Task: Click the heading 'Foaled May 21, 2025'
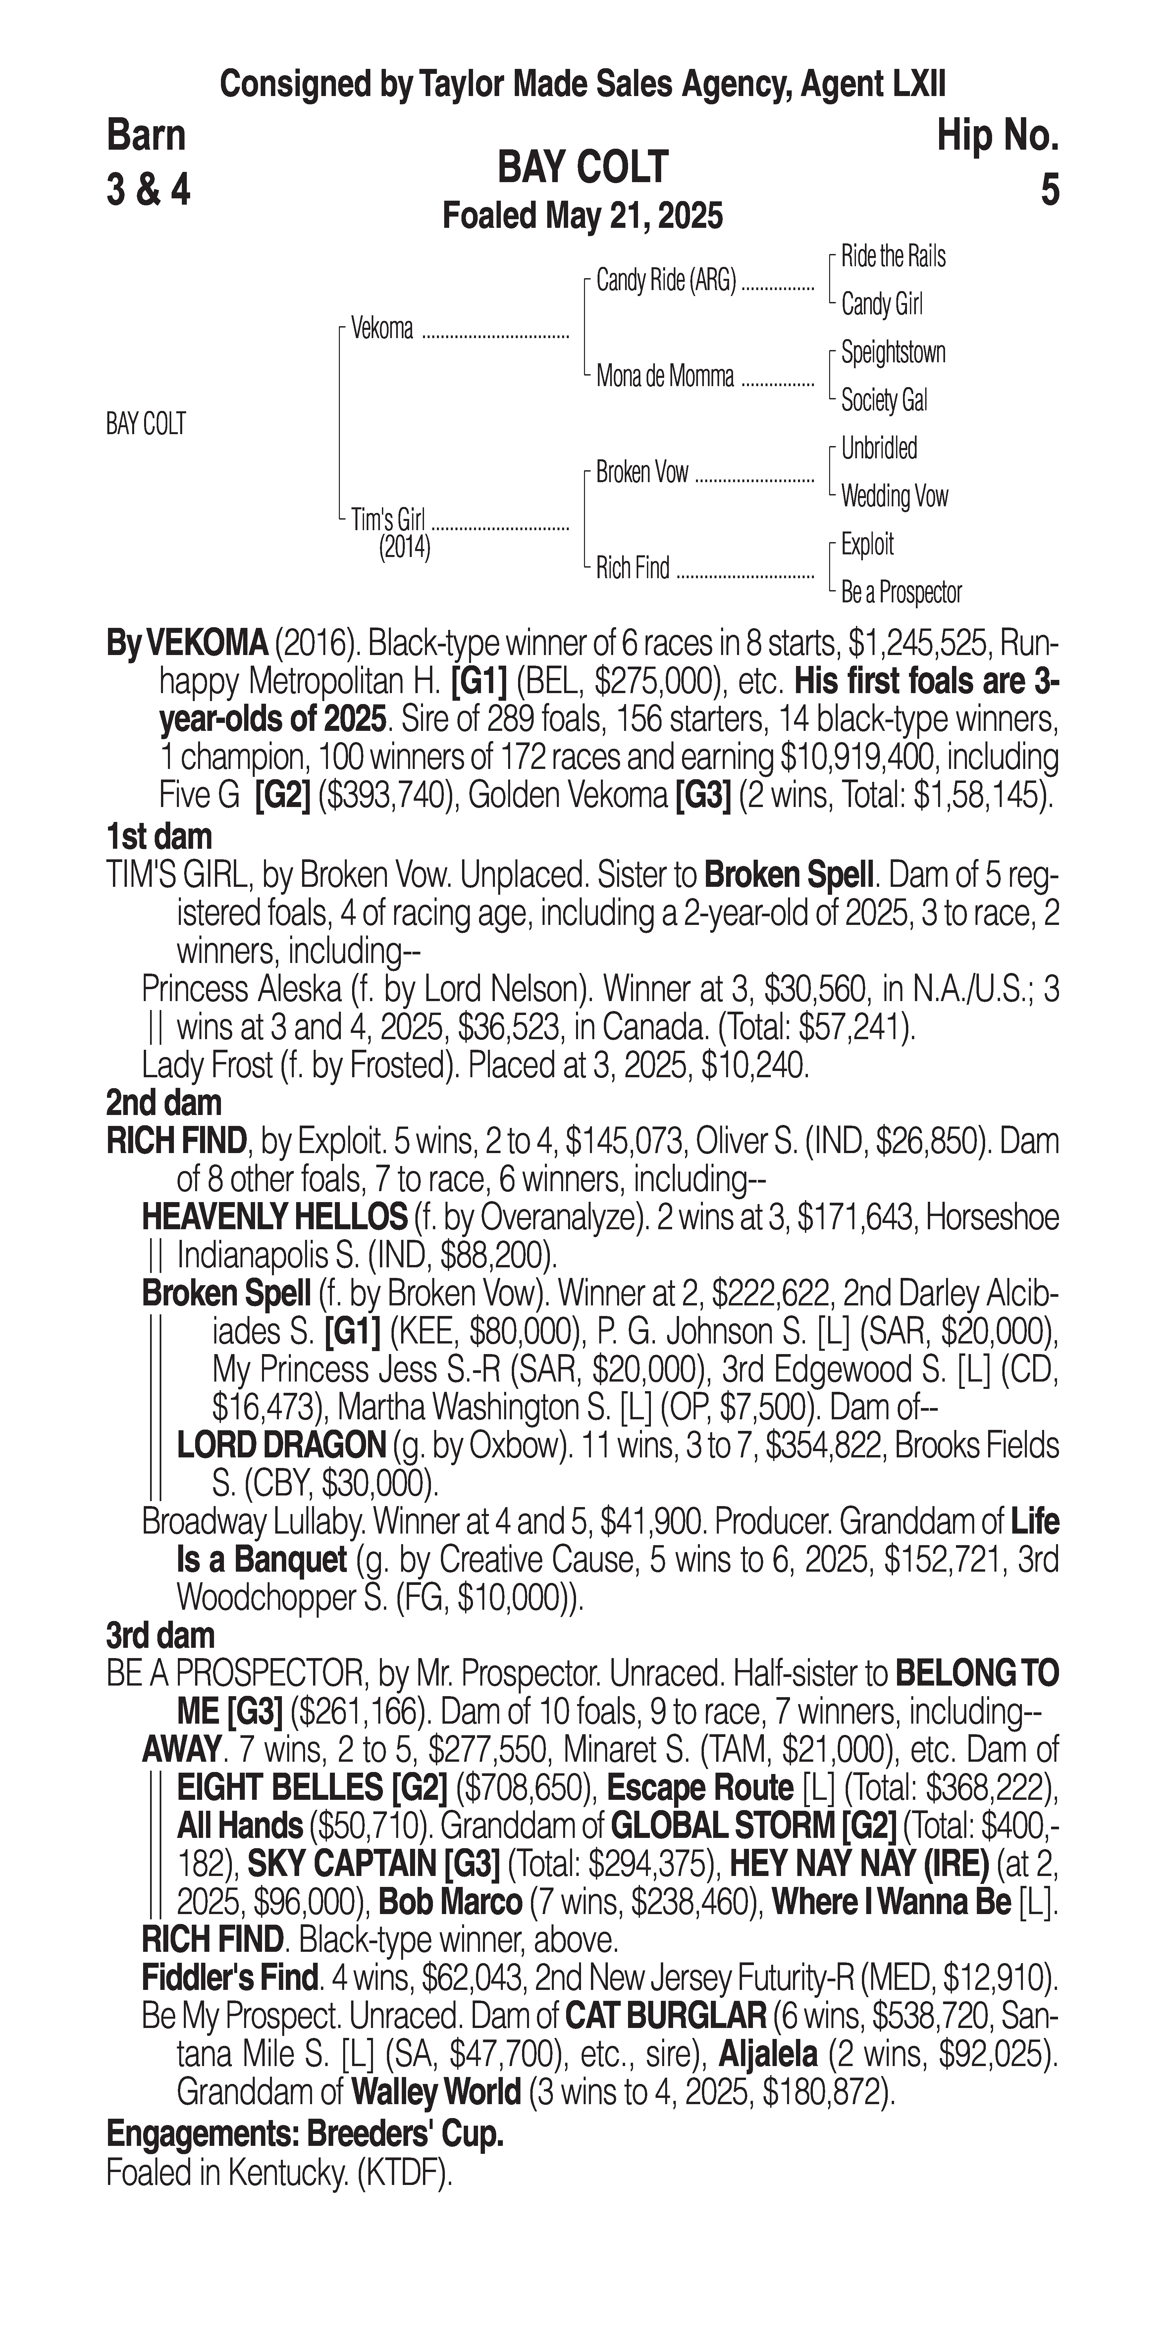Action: pyautogui.click(x=582, y=216)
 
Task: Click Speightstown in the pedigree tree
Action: pyautogui.click(x=893, y=352)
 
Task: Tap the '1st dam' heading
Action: pyautogui.click(x=159, y=837)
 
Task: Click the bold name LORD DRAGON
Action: pyautogui.click(x=281, y=1445)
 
